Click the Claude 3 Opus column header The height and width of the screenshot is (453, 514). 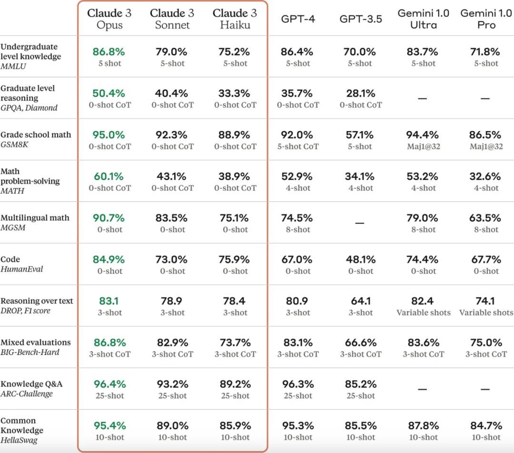click(x=109, y=19)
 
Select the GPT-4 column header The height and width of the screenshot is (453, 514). click(x=298, y=19)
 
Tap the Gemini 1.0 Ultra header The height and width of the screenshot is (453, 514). click(x=423, y=19)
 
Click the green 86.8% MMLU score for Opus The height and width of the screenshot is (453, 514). click(x=109, y=51)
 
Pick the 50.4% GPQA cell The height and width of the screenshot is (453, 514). click(x=109, y=93)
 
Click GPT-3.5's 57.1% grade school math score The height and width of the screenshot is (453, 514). click(x=360, y=135)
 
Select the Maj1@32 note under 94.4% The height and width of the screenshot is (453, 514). click(x=423, y=147)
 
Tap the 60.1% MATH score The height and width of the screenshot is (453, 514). click(x=109, y=176)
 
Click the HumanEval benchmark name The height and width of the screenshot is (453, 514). click(x=22, y=269)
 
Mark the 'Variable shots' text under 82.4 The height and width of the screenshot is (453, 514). click(x=423, y=312)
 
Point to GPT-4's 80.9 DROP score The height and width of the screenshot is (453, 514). click(x=297, y=301)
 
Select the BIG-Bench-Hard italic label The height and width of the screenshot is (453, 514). click(x=30, y=352)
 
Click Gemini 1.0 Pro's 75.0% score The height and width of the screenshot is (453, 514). click(x=485, y=342)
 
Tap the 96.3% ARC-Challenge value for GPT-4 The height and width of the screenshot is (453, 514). click(x=297, y=384)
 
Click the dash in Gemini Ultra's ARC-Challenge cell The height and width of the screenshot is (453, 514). click(x=423, y=389)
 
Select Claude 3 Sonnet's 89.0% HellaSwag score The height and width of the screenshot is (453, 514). click(x=172, y=425)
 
